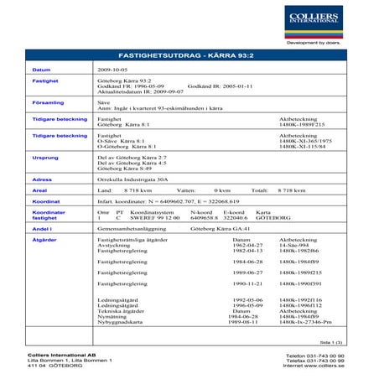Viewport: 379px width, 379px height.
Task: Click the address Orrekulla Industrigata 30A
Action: point(138,179)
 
